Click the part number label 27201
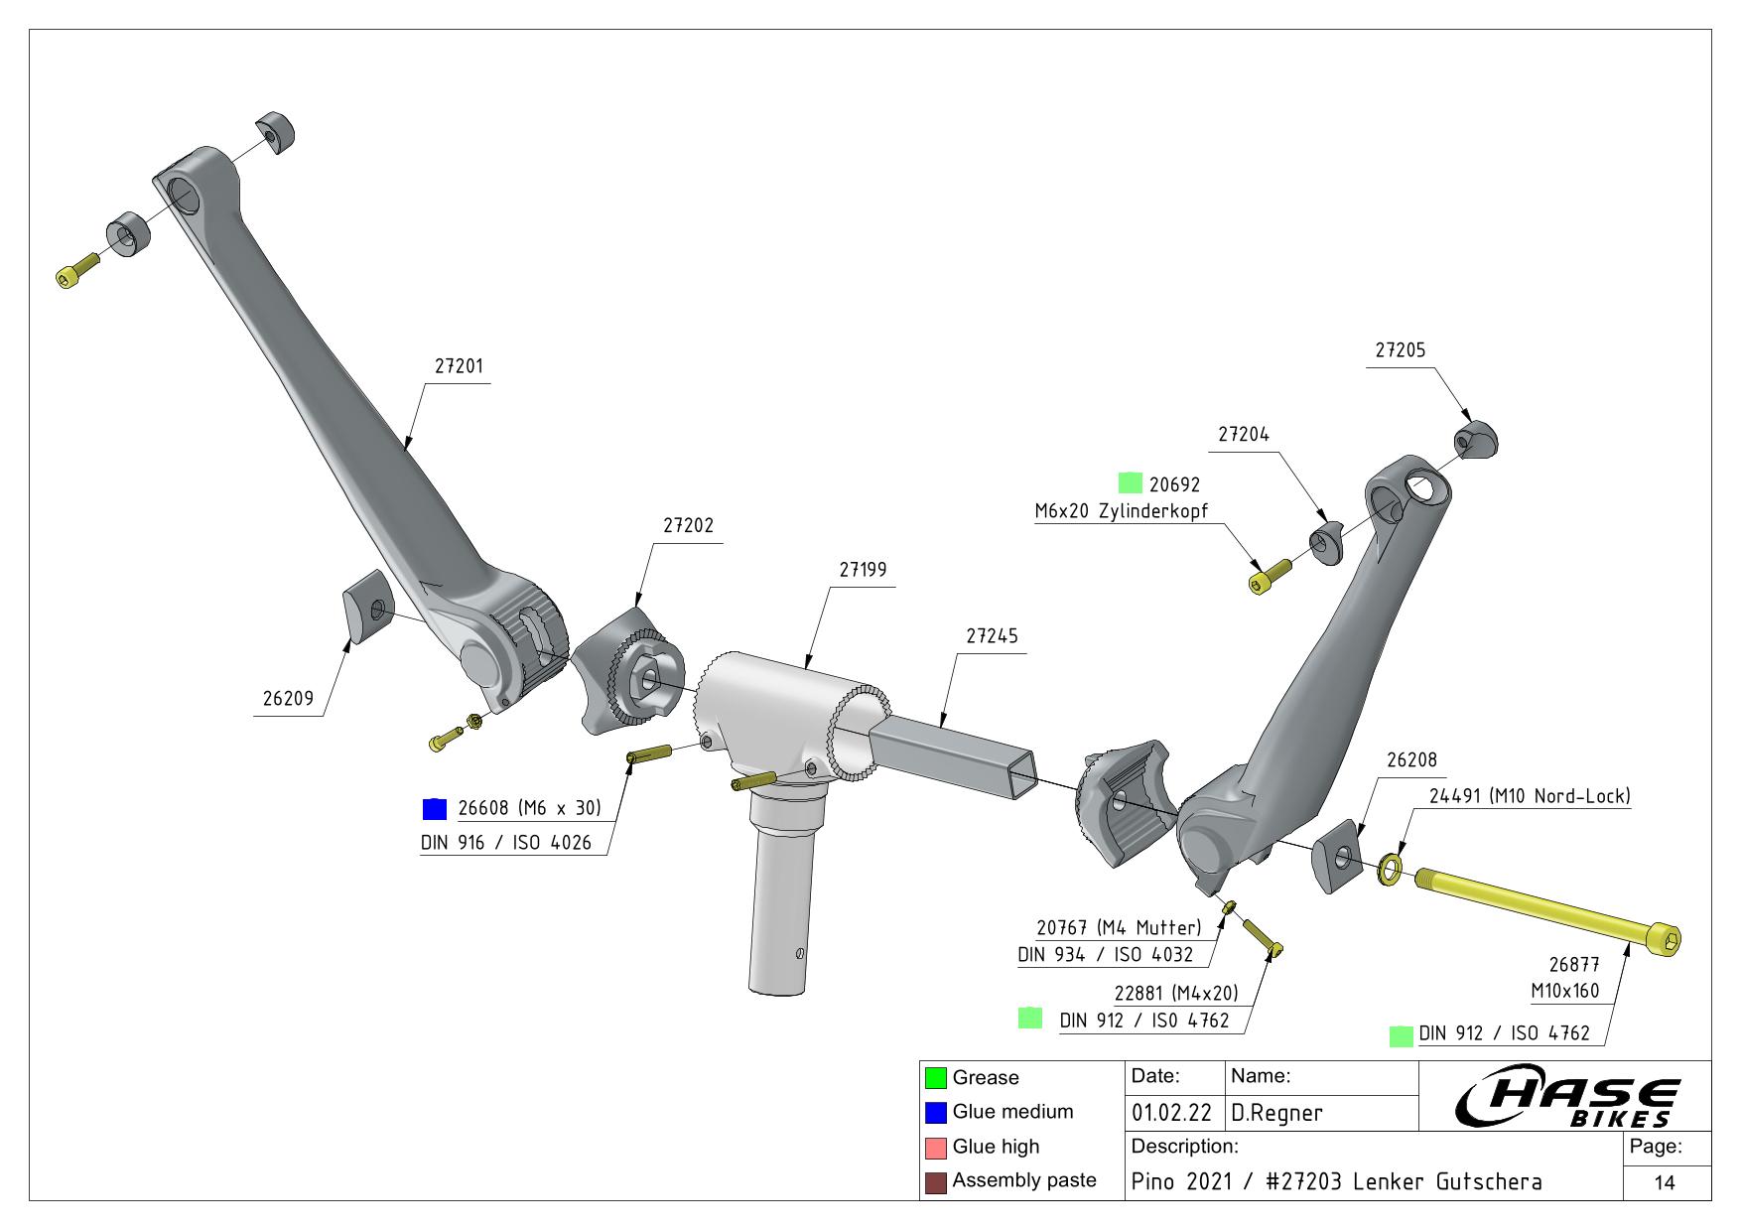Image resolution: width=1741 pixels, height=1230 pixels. [x=459, y=366]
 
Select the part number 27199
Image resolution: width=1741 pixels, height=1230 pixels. [x=863, y=570]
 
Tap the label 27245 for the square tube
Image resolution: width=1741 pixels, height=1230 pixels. [x=992, y=635]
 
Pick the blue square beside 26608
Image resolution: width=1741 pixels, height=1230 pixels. [x=435, y=809]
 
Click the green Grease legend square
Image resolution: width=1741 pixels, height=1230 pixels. [x=935, y=1077]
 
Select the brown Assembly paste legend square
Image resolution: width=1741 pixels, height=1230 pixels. [x=935, y=1181]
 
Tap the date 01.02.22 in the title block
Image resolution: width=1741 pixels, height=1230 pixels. [x=1170, y=1113]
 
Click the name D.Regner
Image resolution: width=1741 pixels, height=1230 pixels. [x=1276, y=1113]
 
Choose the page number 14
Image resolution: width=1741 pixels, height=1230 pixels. [x=1665, y=1182]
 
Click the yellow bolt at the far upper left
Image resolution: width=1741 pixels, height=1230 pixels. [x=75, y=271]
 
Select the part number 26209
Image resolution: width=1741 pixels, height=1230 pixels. [x=288, y=699]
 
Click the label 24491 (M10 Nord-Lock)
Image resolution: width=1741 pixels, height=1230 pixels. [x=1530, y=796]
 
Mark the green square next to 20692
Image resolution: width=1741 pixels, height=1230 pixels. [x=1130, y=483]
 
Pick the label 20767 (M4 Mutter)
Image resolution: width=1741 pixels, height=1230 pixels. [x=1119, y=928]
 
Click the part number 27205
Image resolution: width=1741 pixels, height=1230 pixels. [x=1400, y=350]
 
